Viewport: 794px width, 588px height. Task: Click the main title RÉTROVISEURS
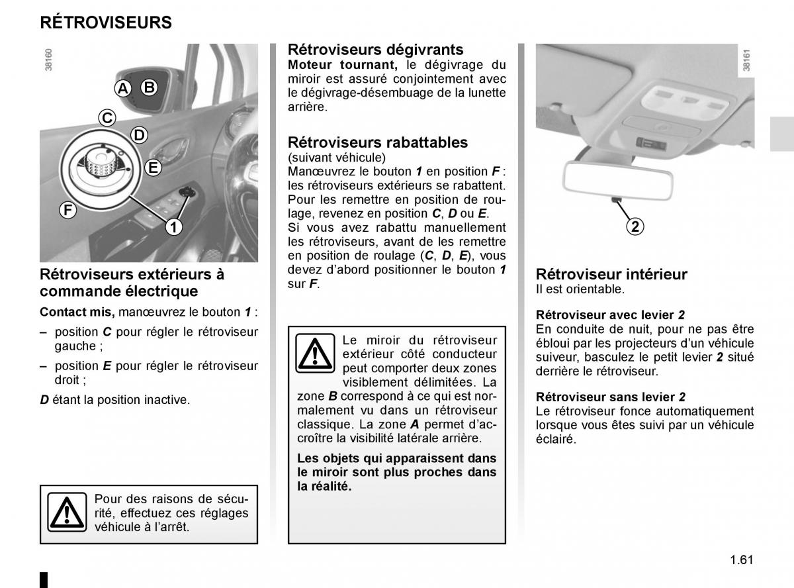(x=106, y=23)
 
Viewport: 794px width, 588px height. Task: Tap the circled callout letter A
(x=123, y=88)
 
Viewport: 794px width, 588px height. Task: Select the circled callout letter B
(x=149, y=87)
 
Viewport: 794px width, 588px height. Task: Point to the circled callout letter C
(x=107, y=118)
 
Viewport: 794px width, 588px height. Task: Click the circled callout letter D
(x=138, y=136)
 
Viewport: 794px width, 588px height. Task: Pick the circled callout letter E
(x=153, y=168)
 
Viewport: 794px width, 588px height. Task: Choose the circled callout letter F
(x=67, y=211)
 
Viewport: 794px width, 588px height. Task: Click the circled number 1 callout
(x=173, y=227)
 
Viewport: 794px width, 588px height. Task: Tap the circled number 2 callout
(x=635, y=226)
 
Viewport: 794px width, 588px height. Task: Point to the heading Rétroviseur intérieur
(x=611, y=274)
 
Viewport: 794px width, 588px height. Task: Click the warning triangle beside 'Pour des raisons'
(x=67, y=512)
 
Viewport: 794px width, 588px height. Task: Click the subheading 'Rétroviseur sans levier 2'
(x=610, y=397)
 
